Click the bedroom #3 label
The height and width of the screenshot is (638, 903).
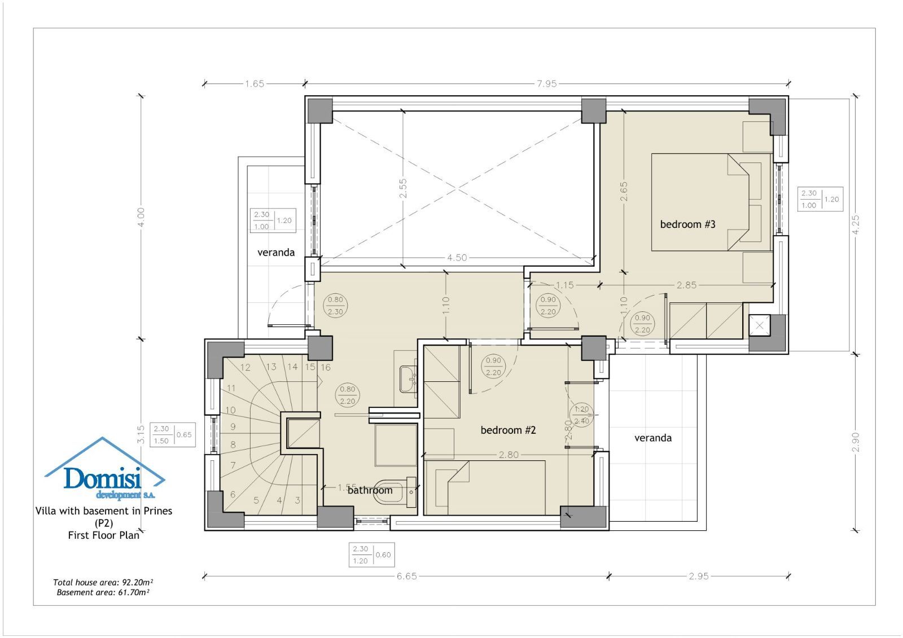pos(687,224)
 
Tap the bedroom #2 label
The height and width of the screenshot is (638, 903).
pos(508,430)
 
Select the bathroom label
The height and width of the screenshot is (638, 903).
pos(370,490)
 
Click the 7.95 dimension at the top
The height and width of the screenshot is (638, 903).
pos(546,83)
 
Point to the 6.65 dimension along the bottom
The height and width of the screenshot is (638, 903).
pos(406,576)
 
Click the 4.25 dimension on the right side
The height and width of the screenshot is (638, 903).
pos(856,224)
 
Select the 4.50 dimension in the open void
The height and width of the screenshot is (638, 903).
pos(457,258)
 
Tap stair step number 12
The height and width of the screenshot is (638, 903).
pos(245,367)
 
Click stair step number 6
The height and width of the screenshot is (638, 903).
pos(233,494)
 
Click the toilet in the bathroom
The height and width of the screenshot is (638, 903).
pos(394,492)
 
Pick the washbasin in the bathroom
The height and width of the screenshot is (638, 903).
pos(408,379)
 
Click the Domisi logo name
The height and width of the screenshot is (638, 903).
pos(102,478)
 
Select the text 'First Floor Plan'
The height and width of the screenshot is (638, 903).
pos(104,535)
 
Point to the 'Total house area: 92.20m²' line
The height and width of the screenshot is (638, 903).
pos(103,582)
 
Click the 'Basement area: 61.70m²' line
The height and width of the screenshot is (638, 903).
pos(103,592)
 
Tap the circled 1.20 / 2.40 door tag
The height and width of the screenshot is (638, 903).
pos(581,415)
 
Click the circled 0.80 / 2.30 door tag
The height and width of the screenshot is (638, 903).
pos(335,306)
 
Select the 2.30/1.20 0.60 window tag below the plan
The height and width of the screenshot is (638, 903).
pos(372,555)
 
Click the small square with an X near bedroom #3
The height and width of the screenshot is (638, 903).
pos(759,325)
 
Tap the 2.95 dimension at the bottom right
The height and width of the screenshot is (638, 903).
pos(698,576)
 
